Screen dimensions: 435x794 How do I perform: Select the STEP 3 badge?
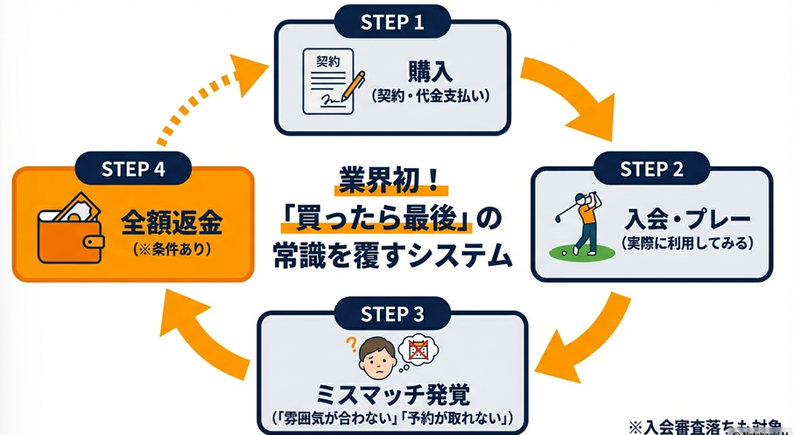click(x=393, y=312)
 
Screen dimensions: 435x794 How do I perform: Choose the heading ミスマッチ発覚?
click(x=393, y=390)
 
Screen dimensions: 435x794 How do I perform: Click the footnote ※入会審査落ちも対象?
click(x=709, y=424)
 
